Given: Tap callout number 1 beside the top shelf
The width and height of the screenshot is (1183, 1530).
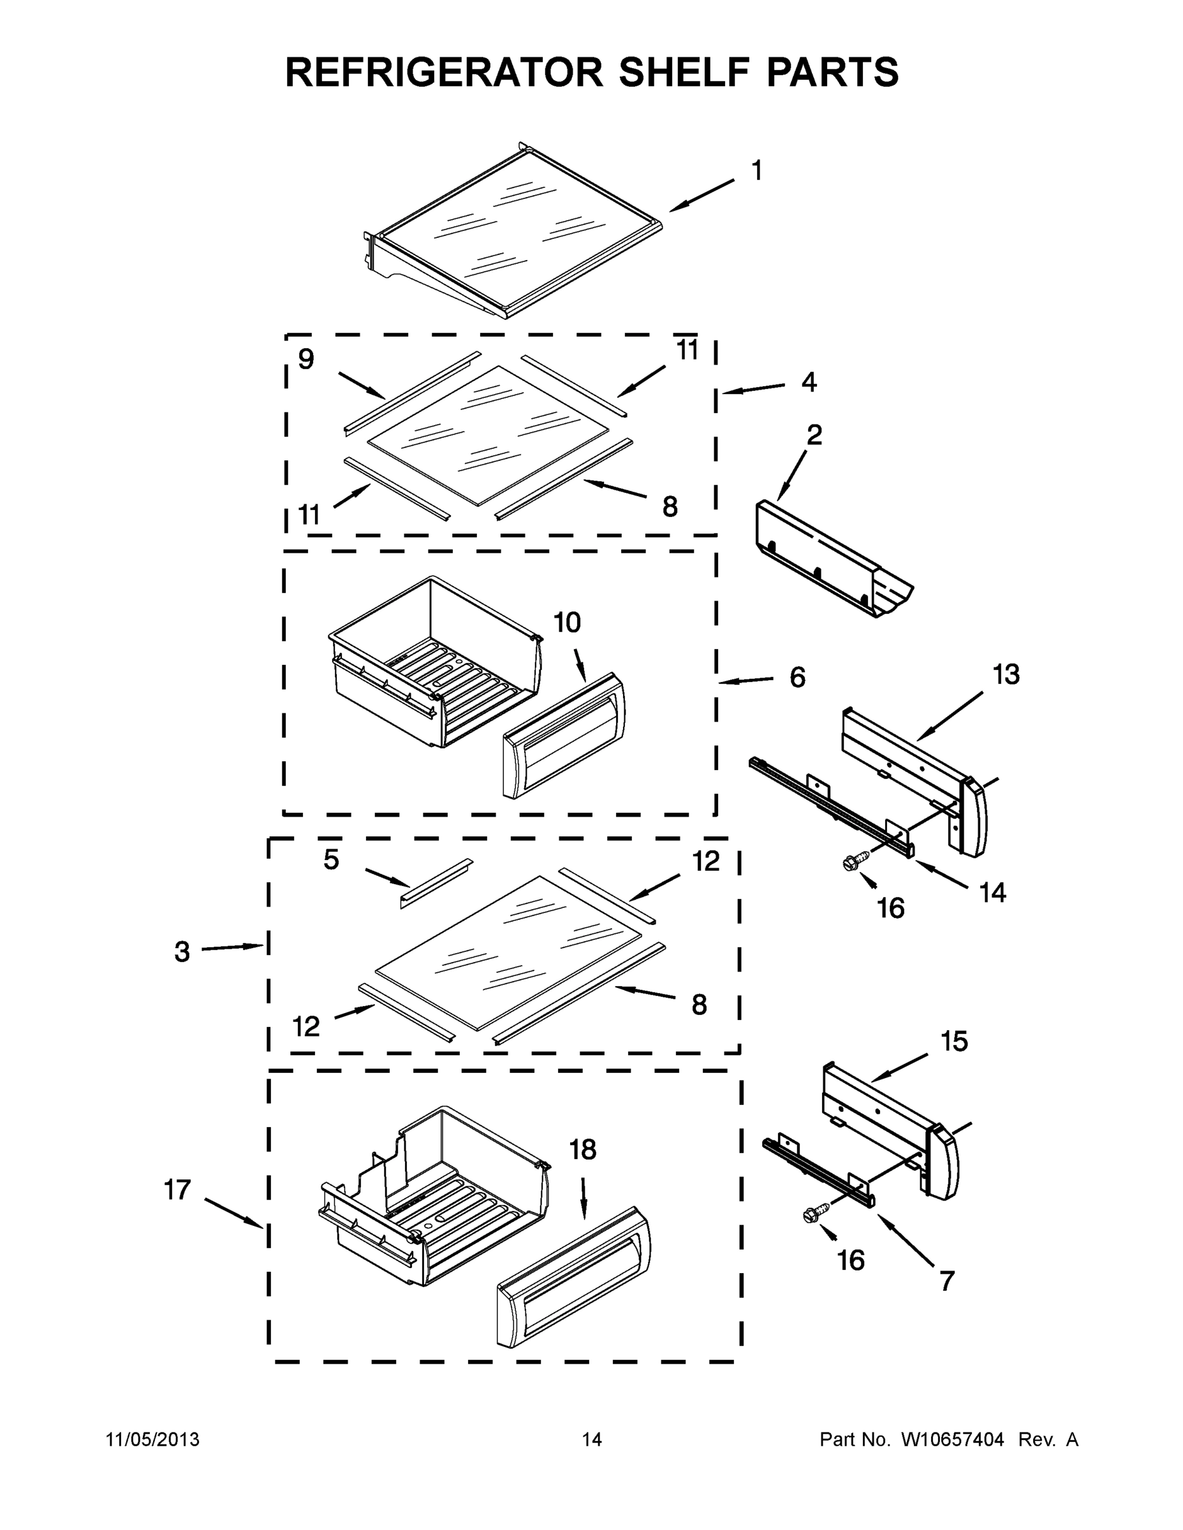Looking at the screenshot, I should [756, 170].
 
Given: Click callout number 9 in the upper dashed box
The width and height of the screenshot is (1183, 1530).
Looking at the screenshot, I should [306, 360].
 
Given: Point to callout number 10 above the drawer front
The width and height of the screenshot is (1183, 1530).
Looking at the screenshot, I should [567, 622].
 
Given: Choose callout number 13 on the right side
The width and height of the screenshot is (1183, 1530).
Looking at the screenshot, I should [1006, 674].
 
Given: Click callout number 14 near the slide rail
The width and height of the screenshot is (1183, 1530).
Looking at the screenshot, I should [993, 892].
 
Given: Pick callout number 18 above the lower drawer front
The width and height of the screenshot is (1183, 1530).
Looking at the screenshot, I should [582, 1149].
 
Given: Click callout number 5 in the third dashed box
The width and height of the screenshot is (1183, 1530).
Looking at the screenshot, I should [332, 859].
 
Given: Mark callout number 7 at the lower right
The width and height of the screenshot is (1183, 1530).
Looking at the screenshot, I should [947, 1281].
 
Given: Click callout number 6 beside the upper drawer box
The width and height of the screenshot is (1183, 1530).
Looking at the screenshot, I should [798, 678].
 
